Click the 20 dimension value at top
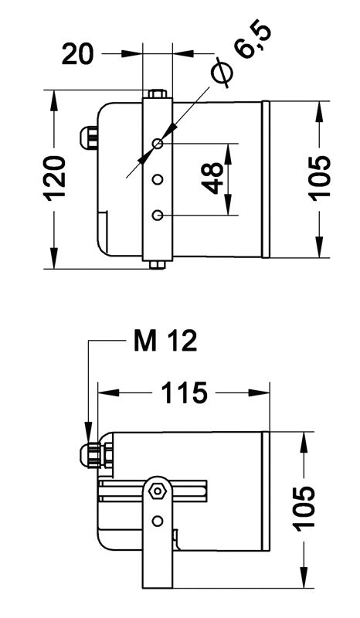78,54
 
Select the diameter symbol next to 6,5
222,72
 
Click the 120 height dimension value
56,178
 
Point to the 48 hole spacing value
212,178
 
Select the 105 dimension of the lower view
305,507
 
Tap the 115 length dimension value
184,392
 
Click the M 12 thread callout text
165,341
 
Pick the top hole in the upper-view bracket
158,144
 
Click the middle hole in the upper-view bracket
158,180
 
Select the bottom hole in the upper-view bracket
158,216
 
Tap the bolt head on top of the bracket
158,93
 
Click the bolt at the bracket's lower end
158,265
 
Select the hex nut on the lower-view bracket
158,491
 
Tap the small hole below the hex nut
158,521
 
